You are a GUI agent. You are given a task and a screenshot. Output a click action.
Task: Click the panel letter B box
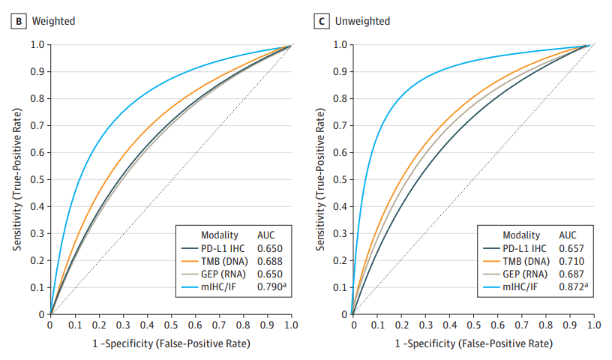click(18, 21)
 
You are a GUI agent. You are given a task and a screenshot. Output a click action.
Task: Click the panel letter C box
click(321, 21)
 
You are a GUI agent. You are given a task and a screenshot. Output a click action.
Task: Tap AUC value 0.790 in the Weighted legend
click(271, 286)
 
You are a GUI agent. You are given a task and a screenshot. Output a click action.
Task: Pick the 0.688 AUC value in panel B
click(269, 260)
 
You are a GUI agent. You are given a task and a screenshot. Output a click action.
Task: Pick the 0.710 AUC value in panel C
click(571, 260)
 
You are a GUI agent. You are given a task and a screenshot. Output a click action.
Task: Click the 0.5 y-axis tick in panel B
click(37, 179)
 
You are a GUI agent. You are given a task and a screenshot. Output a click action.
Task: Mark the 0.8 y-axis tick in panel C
click(339, 98)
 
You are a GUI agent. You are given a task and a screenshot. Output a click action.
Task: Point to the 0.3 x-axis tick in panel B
click(122, 326)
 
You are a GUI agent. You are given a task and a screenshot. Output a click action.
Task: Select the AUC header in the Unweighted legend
click(568, 234)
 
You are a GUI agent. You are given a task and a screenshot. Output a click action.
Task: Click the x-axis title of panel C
click(472, 343)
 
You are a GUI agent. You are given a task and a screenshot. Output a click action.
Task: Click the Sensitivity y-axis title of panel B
click(16, 179)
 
